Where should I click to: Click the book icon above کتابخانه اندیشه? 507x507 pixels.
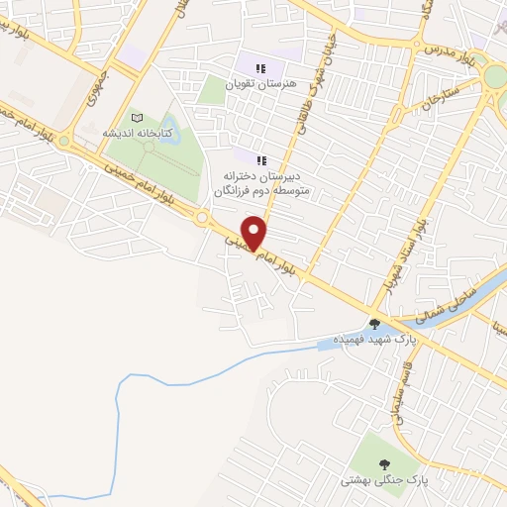click(137, 118)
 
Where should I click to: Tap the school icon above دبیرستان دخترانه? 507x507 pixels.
click(261, 159)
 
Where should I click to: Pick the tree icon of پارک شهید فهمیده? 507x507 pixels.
click(374, 323)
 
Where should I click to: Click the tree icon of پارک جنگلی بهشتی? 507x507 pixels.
click(382, 463)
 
